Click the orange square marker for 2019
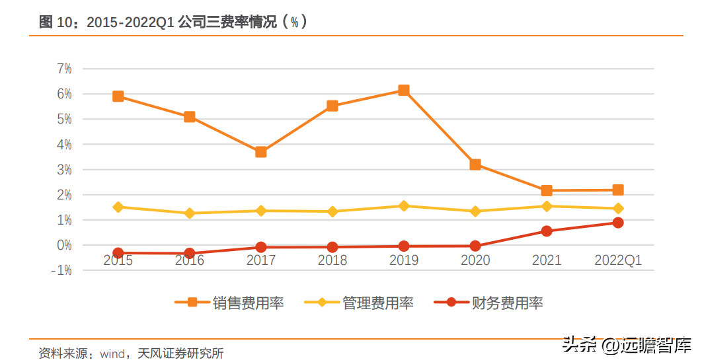403,91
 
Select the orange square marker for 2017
261,152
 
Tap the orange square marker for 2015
118,96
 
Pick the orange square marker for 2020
475,164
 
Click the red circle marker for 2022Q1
618,223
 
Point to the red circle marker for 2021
547,231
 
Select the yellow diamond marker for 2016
190,213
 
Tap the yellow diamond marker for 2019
403,206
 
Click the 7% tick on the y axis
64,69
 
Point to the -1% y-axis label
61,270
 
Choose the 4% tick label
64,144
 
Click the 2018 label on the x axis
332,260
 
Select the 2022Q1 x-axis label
618,260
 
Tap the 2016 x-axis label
190,260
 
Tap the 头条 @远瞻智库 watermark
627,344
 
